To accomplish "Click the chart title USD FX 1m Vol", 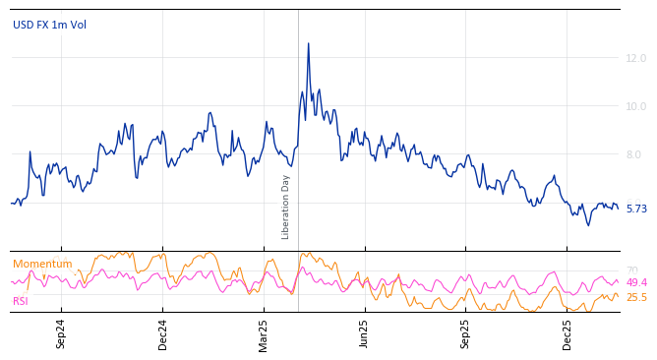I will [49, 25].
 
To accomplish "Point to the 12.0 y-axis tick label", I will [635, 59].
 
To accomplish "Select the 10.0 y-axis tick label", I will [635, 106].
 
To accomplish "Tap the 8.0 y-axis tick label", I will [635, 154].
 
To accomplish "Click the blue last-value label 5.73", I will [636, 210].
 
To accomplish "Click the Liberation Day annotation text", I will [286, 207].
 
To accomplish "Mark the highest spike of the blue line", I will [308, 43].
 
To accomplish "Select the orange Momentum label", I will [42, 265].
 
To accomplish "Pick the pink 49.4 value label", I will [636, 283].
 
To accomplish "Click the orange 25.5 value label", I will [636, 297].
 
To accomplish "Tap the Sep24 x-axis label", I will [61, 333].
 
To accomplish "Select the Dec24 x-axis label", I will [163, 333].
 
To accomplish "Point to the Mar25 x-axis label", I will [264, 333].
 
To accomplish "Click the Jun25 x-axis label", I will [365, 333].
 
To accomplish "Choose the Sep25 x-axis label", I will [466, 333].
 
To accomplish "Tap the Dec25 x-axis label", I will [567, 333].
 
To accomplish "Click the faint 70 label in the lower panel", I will [631, 270].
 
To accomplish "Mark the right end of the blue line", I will [618, 208].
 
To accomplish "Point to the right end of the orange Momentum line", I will [618, 295].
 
